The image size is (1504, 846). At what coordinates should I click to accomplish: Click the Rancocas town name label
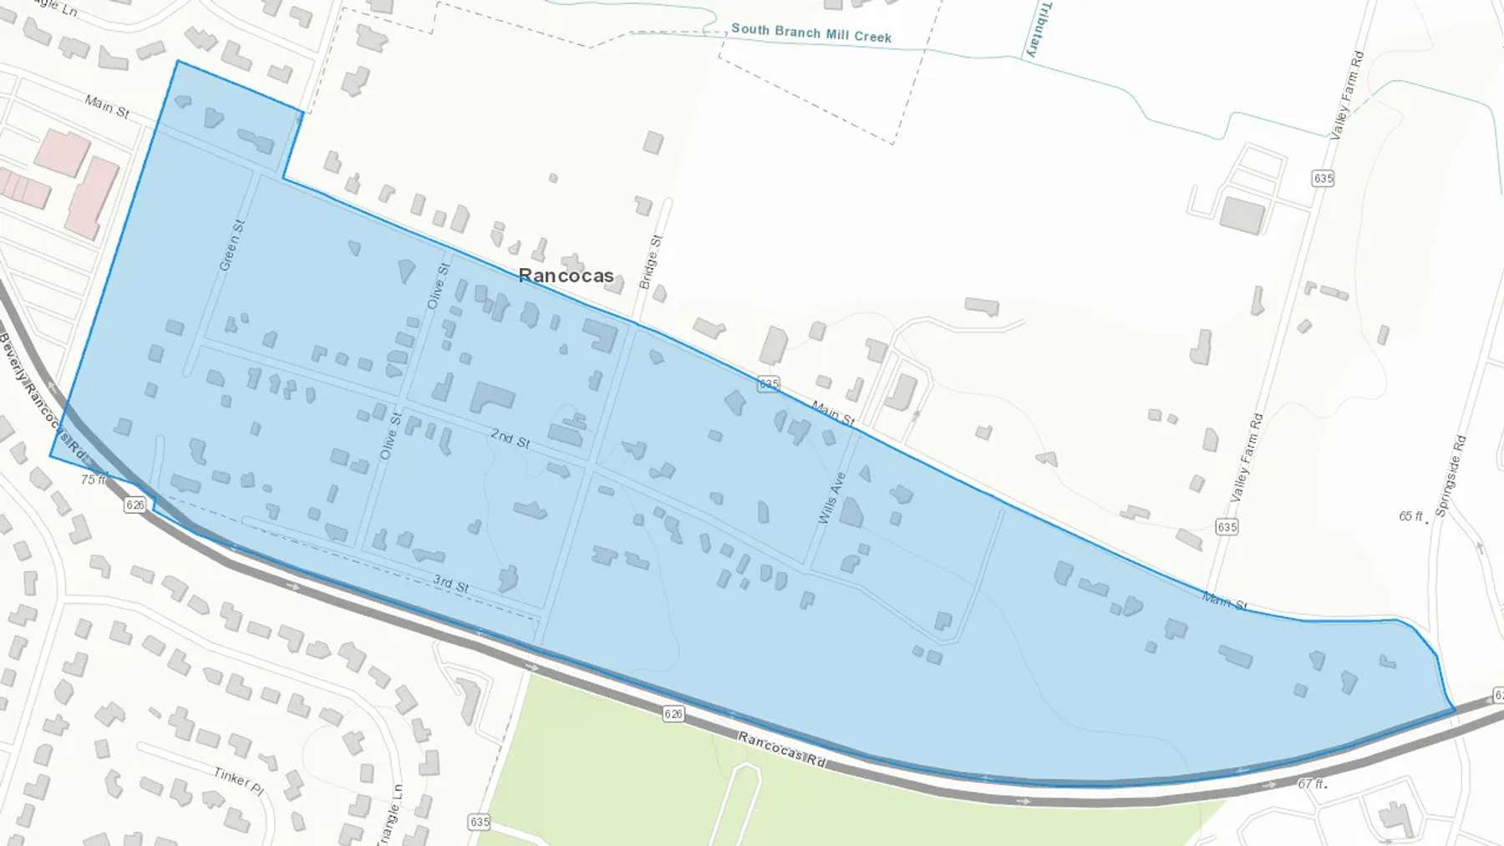(566, 275)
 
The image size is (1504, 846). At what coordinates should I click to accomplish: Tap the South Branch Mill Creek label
(810, 33)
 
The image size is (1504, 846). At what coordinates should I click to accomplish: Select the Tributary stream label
(1036, 29)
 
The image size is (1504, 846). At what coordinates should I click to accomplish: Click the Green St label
(231, 246)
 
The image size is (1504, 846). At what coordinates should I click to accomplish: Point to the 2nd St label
(510, 438)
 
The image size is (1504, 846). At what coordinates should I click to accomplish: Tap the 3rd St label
(450, 584)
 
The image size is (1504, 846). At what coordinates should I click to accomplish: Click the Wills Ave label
(831, 498)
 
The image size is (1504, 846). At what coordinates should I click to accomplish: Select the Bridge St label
(650, 262)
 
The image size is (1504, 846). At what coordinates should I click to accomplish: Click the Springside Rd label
(1450, 475)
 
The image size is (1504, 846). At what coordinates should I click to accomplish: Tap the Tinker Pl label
(238, 780)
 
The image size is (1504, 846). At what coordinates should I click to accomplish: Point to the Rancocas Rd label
(782, 749)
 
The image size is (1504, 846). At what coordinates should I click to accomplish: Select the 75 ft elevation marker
(94, 479)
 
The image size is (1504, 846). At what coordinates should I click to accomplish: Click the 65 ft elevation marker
(1411, 516)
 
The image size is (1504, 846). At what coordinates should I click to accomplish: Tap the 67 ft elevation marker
(1311, 783)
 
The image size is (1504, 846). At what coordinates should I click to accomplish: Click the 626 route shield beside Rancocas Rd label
(673, 713)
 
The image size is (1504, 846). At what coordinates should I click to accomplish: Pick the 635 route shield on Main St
(769, 383)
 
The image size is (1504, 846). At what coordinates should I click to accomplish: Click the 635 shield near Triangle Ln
(479, 822)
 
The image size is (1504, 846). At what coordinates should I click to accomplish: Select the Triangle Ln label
(394, 814)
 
